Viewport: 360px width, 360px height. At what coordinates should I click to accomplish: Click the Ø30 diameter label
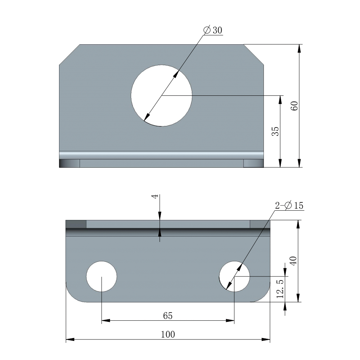tap(213, 30)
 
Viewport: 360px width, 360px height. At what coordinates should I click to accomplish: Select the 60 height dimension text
tap(294, 106)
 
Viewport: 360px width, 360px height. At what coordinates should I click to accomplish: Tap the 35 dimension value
tap(275, 131)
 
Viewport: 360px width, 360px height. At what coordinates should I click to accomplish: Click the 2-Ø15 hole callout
tap(289, 206)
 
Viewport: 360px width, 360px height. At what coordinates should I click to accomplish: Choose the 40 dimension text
tap(293, 261)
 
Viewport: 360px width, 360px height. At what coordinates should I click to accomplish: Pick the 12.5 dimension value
tap(280, 288)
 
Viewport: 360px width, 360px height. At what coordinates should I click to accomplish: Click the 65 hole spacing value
tap(168, 316)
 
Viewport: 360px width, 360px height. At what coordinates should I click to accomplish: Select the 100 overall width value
tap(168, 334)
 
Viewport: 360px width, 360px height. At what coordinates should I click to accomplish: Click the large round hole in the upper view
tap(161, 95)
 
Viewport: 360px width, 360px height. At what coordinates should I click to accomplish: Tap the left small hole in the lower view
tap(102, 276)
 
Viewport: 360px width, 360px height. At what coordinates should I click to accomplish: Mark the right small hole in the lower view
tap(234, 276)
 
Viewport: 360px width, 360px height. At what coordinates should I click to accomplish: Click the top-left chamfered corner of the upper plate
tap(69, 54)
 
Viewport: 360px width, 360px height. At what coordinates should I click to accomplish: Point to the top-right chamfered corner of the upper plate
tap(254, 54)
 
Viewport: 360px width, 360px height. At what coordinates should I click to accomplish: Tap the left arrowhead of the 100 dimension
tap(69, 339)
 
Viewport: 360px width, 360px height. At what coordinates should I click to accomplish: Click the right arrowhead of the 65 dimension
tap(231, 320)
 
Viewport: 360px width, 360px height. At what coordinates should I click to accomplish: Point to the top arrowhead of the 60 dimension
tap(299, 47)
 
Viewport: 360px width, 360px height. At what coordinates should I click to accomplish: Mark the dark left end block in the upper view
tap(69, 163)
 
